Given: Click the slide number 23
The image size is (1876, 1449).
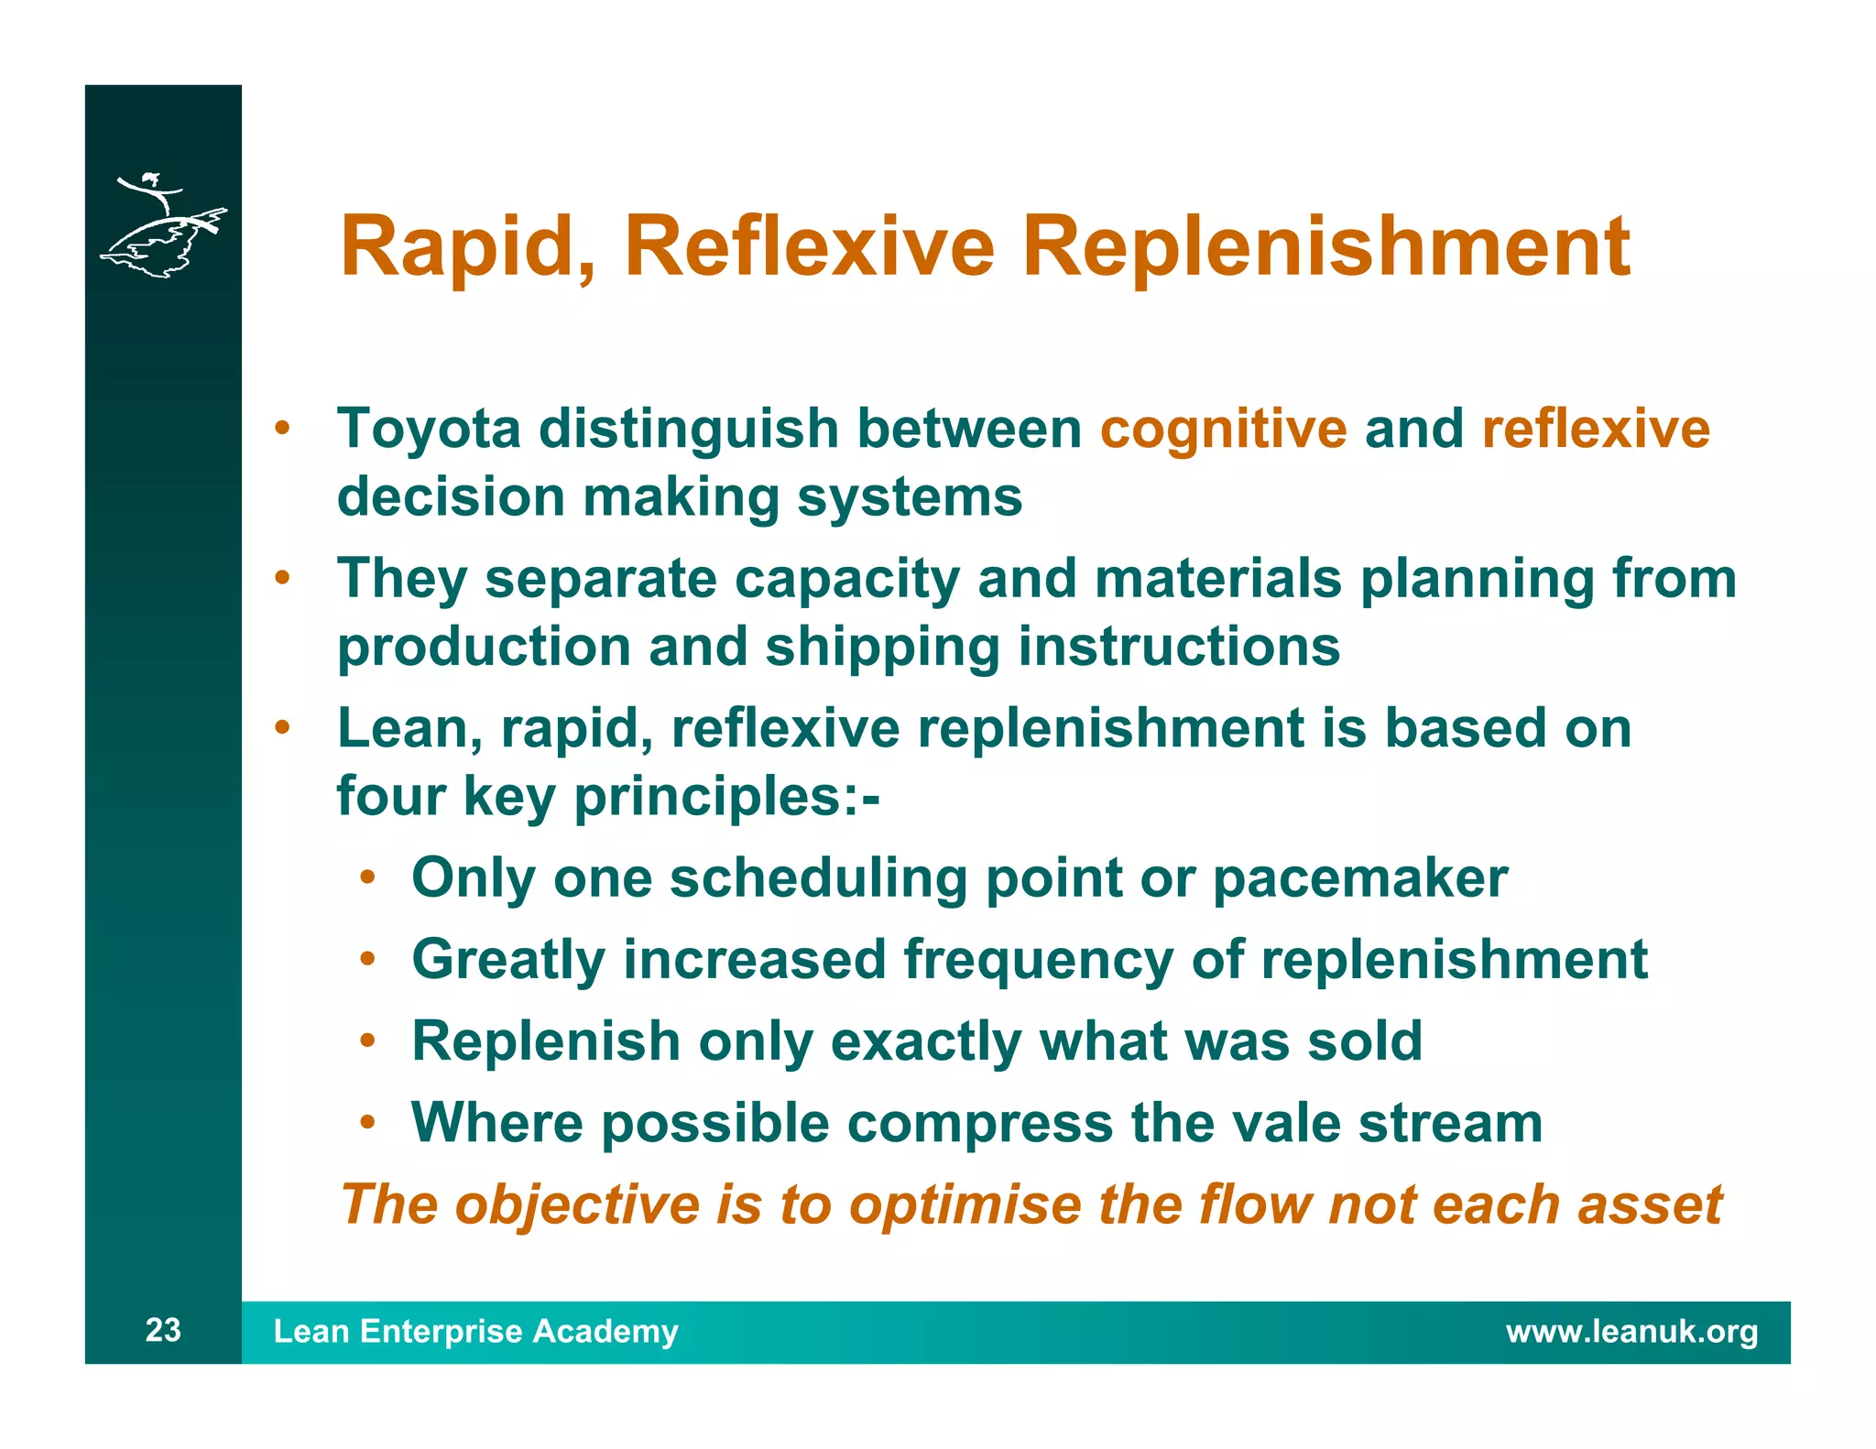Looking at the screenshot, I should (163, 1330).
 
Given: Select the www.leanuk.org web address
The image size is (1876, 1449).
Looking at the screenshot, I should (1631, 1331).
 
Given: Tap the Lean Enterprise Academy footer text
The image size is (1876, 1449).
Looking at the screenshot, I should (475, 1331).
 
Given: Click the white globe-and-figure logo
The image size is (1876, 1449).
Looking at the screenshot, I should (162, 224).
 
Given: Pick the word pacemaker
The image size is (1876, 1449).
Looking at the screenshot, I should (1359, 878).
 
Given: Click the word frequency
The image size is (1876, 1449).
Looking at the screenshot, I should (1038, 960).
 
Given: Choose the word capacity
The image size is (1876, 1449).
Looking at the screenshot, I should (846, 580).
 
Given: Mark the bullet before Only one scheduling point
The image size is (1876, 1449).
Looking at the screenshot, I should (367, 878).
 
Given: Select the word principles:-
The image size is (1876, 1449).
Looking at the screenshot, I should (725, 797).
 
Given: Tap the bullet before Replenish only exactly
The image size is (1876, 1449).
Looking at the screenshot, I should (367, 1041).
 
